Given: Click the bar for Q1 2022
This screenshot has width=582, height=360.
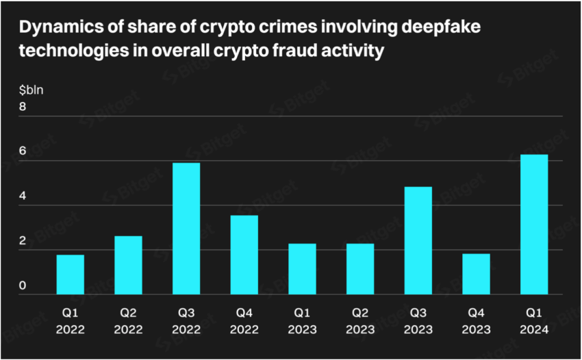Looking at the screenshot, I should tap(70, 274).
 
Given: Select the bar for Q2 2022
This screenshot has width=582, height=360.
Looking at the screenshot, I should tap(128, 265).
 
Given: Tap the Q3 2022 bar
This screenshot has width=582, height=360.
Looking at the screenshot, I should tap(186, 229).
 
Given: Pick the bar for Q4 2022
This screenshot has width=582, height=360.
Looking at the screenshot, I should tap(244, 255).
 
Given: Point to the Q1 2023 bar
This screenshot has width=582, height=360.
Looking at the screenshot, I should tap(302, 269).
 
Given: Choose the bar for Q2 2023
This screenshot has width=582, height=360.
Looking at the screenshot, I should tap(360, 269).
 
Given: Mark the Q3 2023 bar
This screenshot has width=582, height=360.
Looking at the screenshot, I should tap(418, 240).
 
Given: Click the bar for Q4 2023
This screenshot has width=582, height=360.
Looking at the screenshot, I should tap(476, 274).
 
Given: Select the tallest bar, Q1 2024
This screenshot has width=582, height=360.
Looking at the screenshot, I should tap(534, 224).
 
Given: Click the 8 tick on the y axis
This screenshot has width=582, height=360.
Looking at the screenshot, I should tap(23, 107).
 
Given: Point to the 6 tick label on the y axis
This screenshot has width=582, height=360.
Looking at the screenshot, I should tap(23, 152).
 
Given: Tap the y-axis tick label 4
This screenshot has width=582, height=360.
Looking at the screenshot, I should tap(23, 196).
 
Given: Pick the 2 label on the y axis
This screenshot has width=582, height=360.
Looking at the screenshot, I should tap(23, 241).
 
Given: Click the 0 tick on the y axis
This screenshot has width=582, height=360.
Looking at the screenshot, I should tap(23, 285).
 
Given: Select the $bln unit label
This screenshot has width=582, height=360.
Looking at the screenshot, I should tap(31, 90).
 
